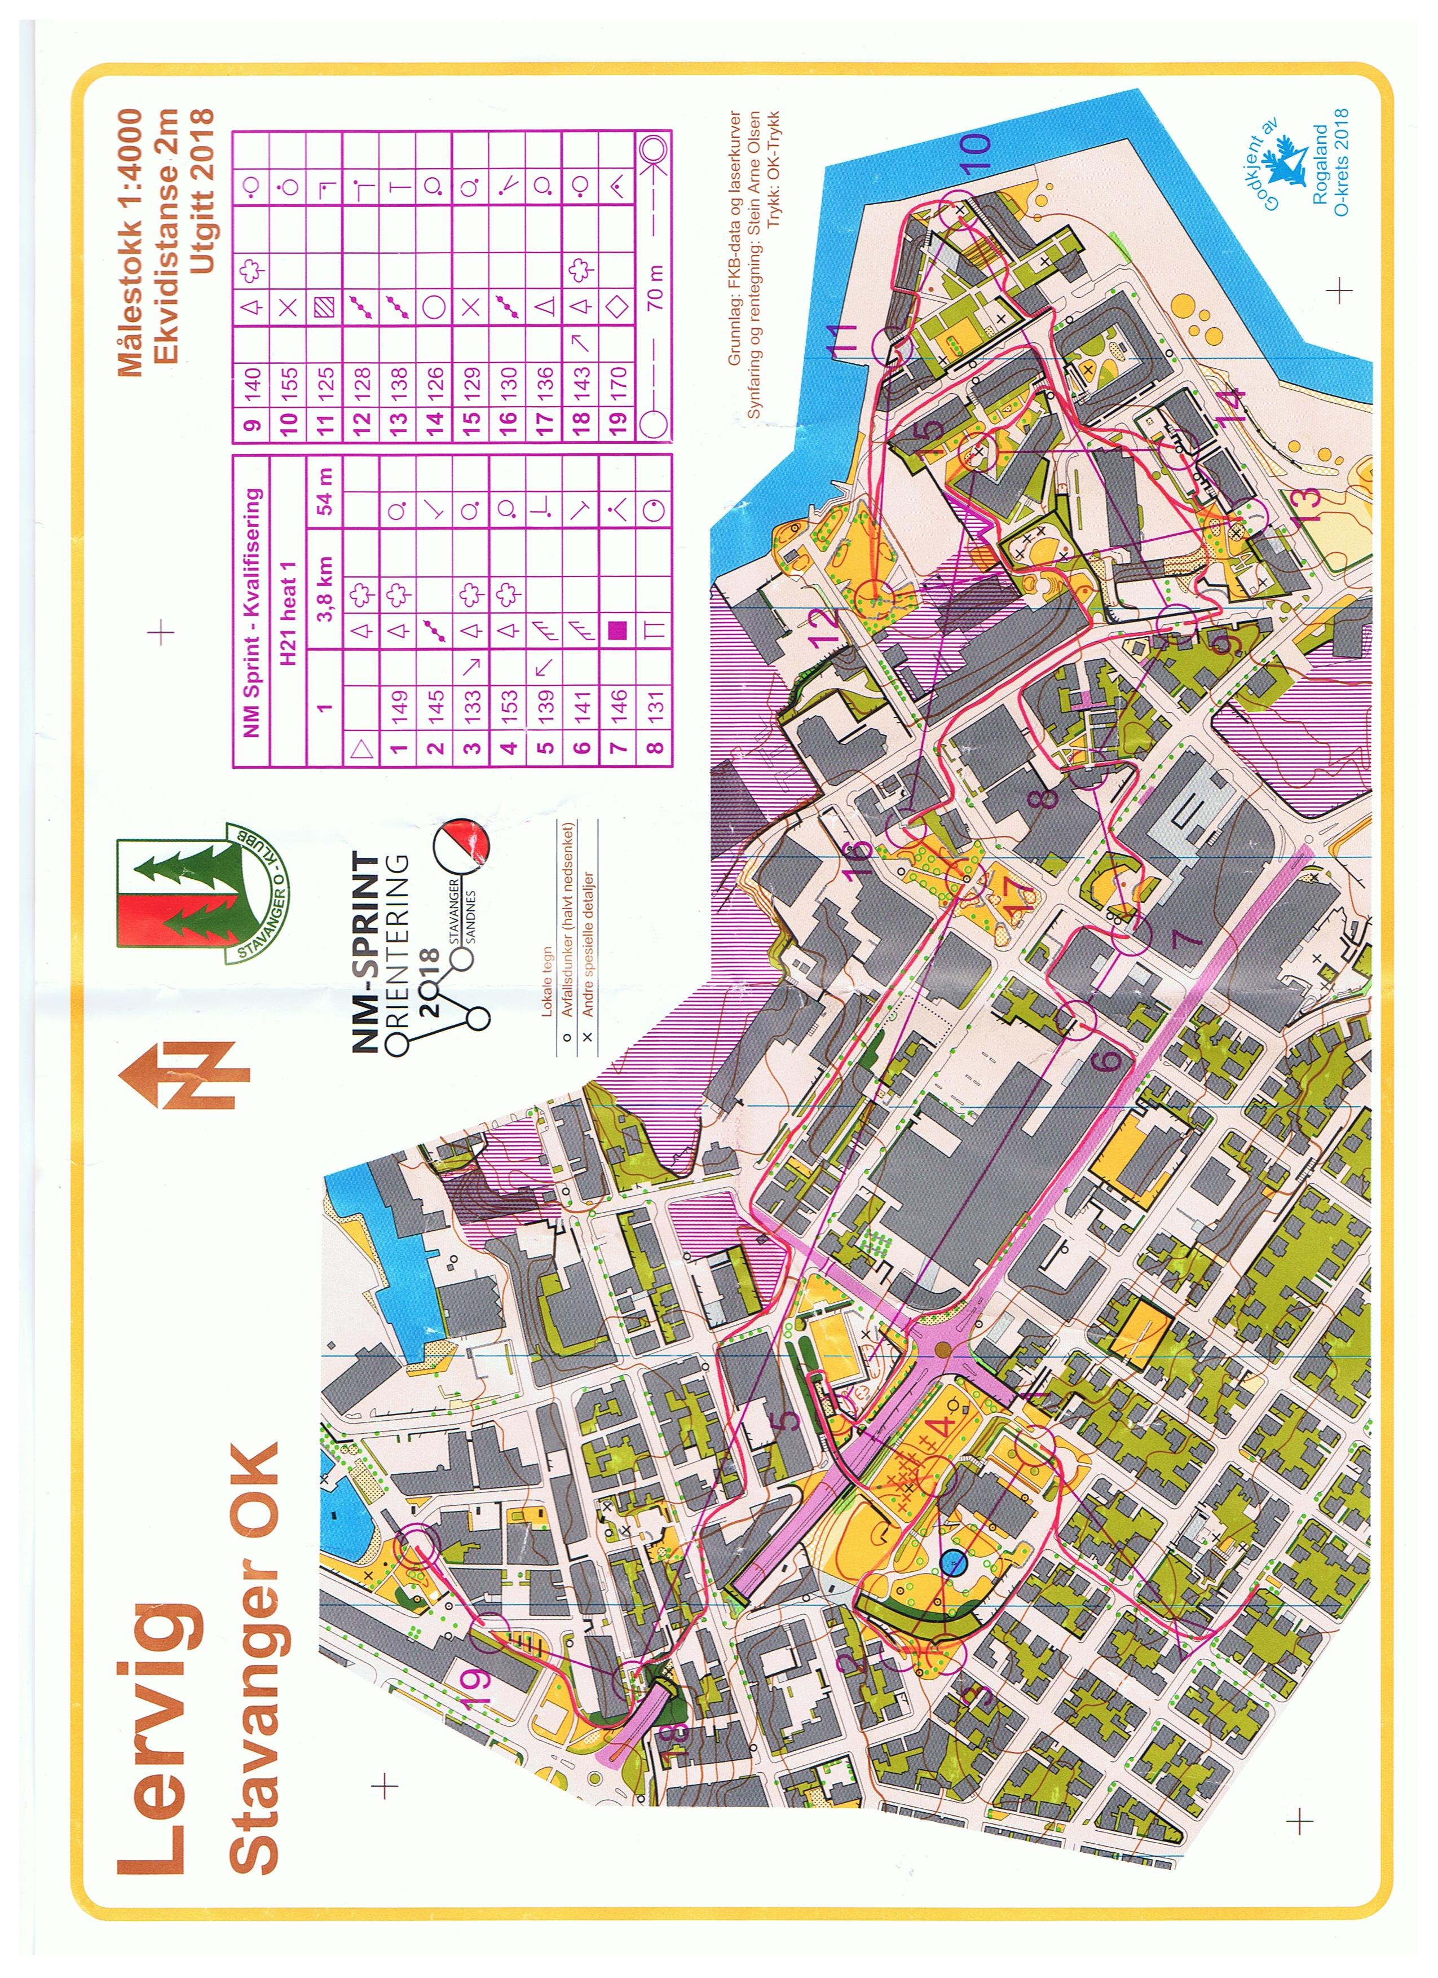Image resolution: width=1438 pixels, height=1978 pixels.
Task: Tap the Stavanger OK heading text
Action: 255,1657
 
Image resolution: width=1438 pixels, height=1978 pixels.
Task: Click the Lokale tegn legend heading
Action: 547,981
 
